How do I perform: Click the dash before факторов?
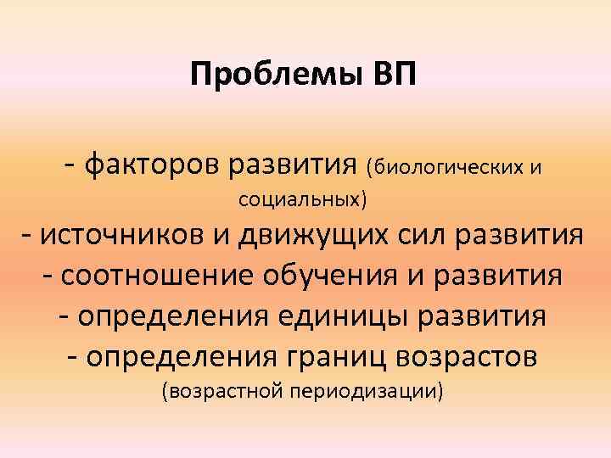click(x=73, y=161)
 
